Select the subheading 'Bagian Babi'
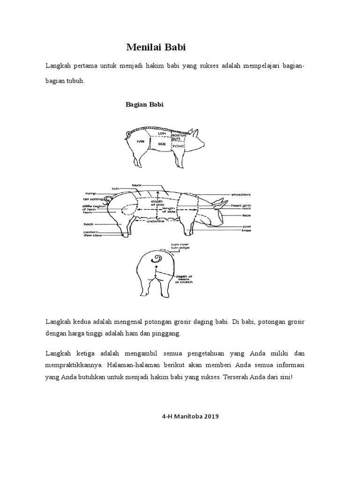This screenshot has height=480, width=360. coord(144,105)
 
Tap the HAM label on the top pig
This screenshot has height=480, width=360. coord(139,141)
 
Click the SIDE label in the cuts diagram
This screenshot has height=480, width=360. coord(162,144)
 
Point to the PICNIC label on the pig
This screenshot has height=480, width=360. coord(179,146)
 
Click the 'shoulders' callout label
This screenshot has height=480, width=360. coord(241,194)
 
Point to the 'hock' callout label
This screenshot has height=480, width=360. coord(89,224)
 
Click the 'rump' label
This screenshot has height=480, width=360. coord(90,193)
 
